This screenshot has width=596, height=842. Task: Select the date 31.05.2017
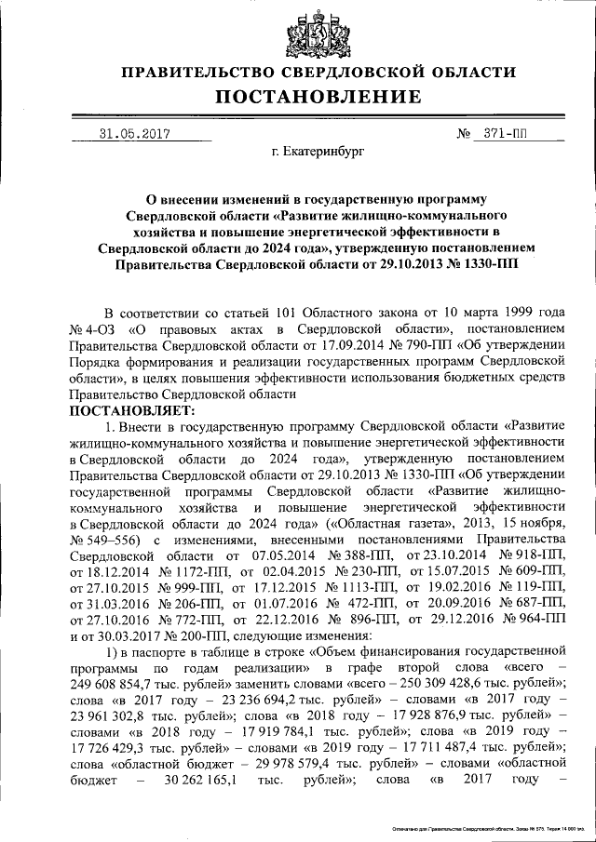coord(132,132)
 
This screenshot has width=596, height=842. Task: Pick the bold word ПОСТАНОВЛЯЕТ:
coord(134,408)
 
